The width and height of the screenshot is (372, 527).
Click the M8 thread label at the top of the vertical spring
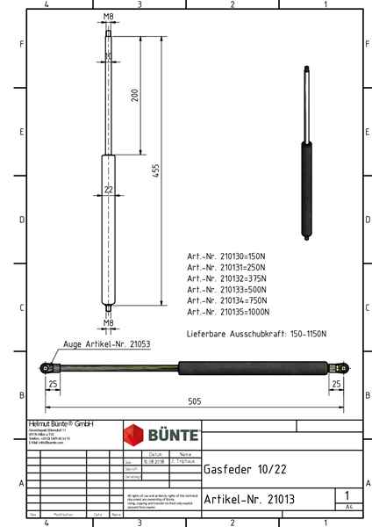click(x=108, y=17)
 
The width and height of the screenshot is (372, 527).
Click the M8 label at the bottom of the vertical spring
click(x=108, y=323)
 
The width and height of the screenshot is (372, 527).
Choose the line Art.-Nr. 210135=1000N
click(x=229, y=312)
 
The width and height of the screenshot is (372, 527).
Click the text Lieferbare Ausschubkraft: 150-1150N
click(x=256, y=335)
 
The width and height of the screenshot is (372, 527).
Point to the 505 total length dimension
click(x=195, y=401)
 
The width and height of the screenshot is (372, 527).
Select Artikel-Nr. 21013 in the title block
click(x=248, y=499)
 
